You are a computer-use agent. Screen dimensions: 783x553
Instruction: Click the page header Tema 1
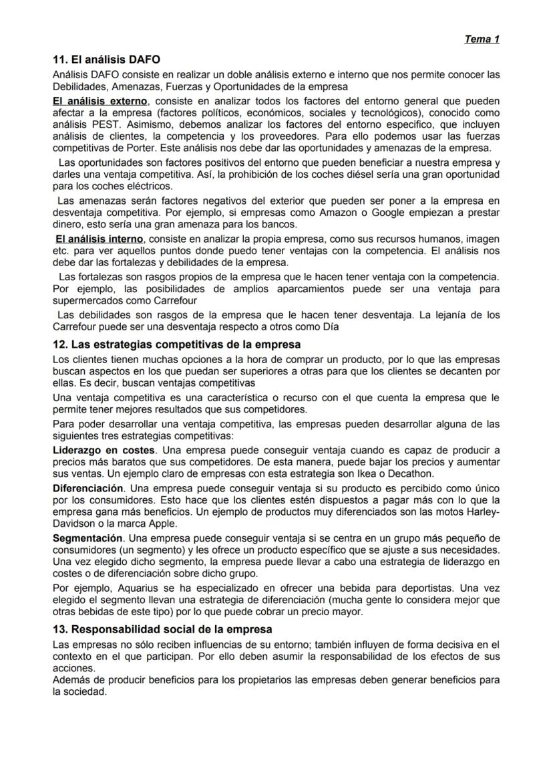(x=482, y=39)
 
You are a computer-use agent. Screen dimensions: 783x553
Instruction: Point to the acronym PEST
(x=102, y=124)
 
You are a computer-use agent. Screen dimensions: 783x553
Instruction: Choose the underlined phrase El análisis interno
(x=99, y=239)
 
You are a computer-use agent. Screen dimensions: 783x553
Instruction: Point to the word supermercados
(x=85, y=300)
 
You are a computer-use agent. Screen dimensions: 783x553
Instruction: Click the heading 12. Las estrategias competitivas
(x=176, y=344)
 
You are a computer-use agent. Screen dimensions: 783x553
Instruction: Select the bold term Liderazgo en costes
(x=104, y=451)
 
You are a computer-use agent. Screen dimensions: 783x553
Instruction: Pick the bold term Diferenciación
(x=88, y=488)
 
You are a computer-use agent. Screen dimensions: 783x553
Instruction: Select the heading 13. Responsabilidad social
(x=162, y=630)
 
